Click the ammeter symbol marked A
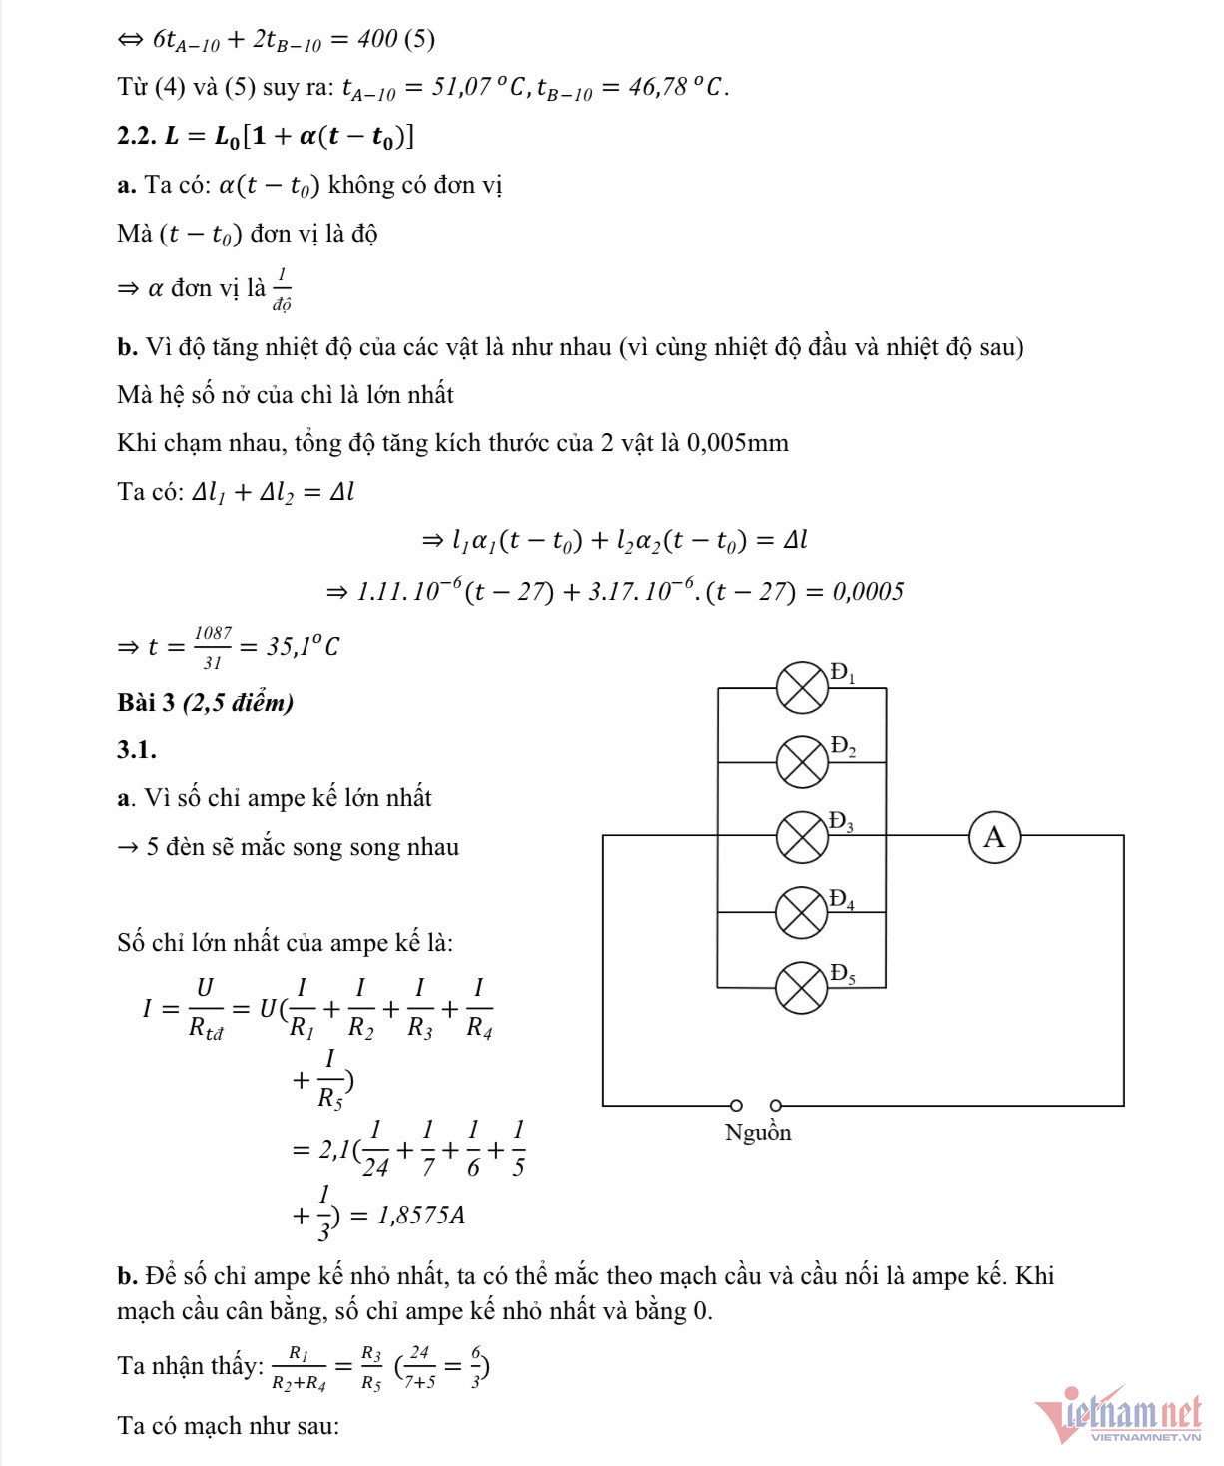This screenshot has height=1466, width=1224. click(x=994, y=837)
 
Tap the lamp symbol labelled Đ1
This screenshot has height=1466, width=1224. click(x=802, y=688)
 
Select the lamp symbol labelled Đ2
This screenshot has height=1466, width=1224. click(x=802, y=762)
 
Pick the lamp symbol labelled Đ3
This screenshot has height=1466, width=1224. click(x=802, y=836)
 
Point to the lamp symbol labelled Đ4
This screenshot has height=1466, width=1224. click(x=802, y=912)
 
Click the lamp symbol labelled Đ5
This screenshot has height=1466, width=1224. click(x=802, y=987)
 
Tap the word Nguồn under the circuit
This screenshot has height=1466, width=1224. click(x=758, y=1133)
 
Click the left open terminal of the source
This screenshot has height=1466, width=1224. click(x=736, y=1105)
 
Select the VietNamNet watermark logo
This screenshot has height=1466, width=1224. click(x=1118, y=1415)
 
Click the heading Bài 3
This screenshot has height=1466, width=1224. click(x=146, y=703)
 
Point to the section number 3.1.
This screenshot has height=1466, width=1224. click(x=137, y=750)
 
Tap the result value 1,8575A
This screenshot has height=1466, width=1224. click(x=421, y=1216)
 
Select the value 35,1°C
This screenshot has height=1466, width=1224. click(x=303, y=647)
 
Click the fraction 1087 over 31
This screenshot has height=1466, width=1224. click(x=213, y=647)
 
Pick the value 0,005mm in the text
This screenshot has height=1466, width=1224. click(x=737, y=443)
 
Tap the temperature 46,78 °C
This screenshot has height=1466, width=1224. click(x=675, y=88)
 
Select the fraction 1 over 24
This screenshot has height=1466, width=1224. click(x=375, y=1149)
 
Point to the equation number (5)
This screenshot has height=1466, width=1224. click(x=419, y=39)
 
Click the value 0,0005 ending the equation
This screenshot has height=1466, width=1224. click(x=868, y=592)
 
